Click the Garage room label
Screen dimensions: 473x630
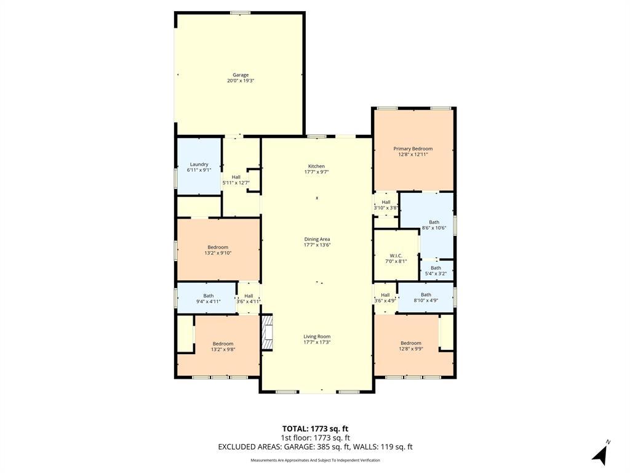241,75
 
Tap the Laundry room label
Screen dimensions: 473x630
199,164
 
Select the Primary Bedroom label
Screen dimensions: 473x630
413,148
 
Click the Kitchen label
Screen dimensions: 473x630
316,166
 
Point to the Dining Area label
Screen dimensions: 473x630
317,239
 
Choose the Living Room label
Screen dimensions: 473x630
317,336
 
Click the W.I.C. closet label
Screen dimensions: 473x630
395,256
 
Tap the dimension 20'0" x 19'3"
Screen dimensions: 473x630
241,81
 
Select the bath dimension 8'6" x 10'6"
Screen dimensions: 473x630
434,228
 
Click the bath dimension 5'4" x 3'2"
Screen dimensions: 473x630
436,273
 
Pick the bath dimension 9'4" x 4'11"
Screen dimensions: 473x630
209,301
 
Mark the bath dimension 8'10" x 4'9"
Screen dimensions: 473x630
426,301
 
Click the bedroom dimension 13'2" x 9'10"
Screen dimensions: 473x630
218,253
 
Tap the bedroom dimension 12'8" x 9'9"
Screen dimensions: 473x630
410,349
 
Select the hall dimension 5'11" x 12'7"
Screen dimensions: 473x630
236,182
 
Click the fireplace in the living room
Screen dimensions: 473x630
266,333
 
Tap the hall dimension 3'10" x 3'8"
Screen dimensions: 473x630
386,208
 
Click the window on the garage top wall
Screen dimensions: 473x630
240,12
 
